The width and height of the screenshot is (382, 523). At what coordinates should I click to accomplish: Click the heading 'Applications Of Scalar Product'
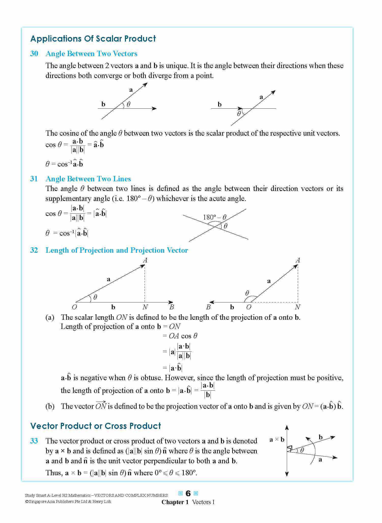[x=93, y=39]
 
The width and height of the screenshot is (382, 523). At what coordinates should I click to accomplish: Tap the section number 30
[x=34, y=54]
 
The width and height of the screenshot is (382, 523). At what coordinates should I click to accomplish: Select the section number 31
[x=34, y=179]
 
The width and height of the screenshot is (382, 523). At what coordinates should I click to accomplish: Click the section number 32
[x=34, y=250]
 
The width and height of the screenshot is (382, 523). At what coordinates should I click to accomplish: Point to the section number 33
[x=34, y=441]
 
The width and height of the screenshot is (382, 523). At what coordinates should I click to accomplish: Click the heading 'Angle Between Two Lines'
[x=88, y=179]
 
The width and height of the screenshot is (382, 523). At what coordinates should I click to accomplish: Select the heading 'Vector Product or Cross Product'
[x=95, y=426]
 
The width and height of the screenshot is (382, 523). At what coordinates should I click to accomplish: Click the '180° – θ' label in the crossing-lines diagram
[x=215, y=217]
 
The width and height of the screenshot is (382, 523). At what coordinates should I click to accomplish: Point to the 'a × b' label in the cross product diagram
[x=277, y=440]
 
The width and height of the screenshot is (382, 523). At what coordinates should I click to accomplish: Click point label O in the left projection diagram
[x=74, y=307]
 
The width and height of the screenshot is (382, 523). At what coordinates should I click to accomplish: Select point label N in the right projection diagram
[x=297, y=307]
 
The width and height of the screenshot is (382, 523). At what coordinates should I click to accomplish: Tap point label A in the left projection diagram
[x=145, y=260]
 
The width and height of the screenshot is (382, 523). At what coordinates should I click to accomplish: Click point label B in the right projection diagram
[x=208, y=307]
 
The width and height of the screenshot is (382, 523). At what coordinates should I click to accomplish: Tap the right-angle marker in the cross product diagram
[x=290, y=448]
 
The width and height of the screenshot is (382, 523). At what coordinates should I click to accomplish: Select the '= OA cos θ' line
[x=180, y=336]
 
